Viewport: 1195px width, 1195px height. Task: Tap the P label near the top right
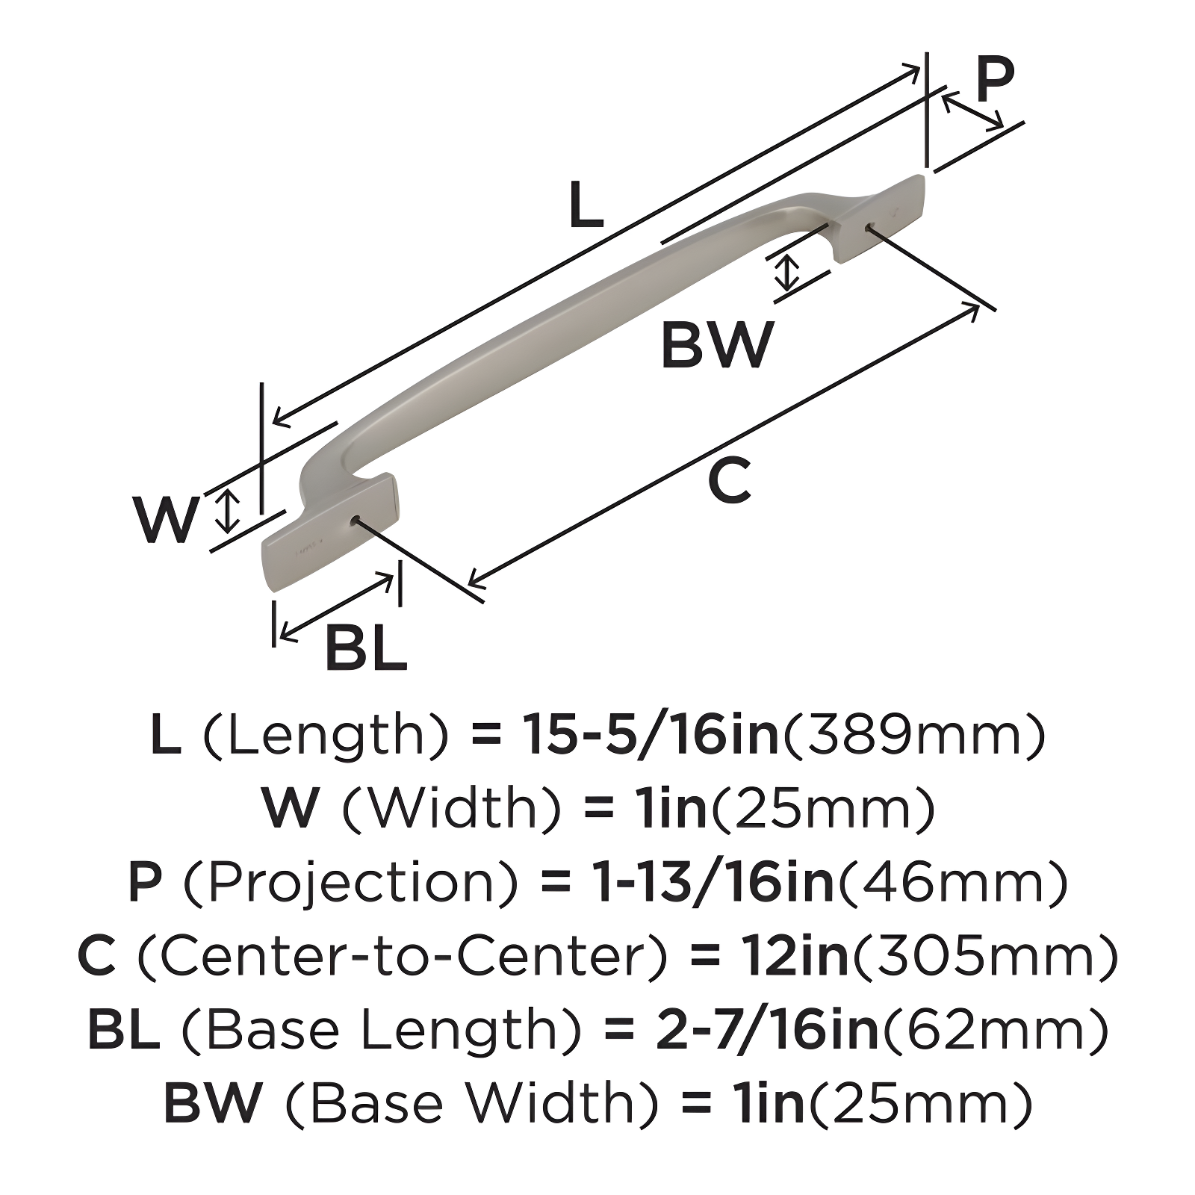pos(995,80)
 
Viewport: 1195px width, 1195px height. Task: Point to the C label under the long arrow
pos(729,482)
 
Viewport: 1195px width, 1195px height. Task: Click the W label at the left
pos(167,520)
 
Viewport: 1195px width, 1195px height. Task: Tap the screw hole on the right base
pos(869,227)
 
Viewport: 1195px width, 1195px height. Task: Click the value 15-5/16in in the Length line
pos(650,734)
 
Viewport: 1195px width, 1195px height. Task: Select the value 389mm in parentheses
pos(913,734)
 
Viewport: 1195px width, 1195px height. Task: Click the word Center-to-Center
pos(402,956)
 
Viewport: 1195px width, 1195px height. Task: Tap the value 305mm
pos(986,956)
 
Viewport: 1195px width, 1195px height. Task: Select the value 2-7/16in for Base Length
pos(767,1029)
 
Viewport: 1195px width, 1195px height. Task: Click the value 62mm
pos(996,1029)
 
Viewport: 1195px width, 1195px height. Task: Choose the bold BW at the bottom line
pos(213,1102)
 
